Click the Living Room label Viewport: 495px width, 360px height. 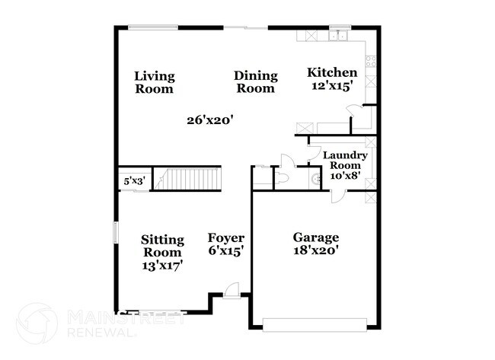(154, 82)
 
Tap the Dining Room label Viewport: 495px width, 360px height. (254, 81)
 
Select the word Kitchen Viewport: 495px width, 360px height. (332, 72)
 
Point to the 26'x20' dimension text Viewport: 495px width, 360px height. (210, 119)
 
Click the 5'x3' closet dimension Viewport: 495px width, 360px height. (134, 181)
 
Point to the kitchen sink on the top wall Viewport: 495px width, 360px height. (338, 35)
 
